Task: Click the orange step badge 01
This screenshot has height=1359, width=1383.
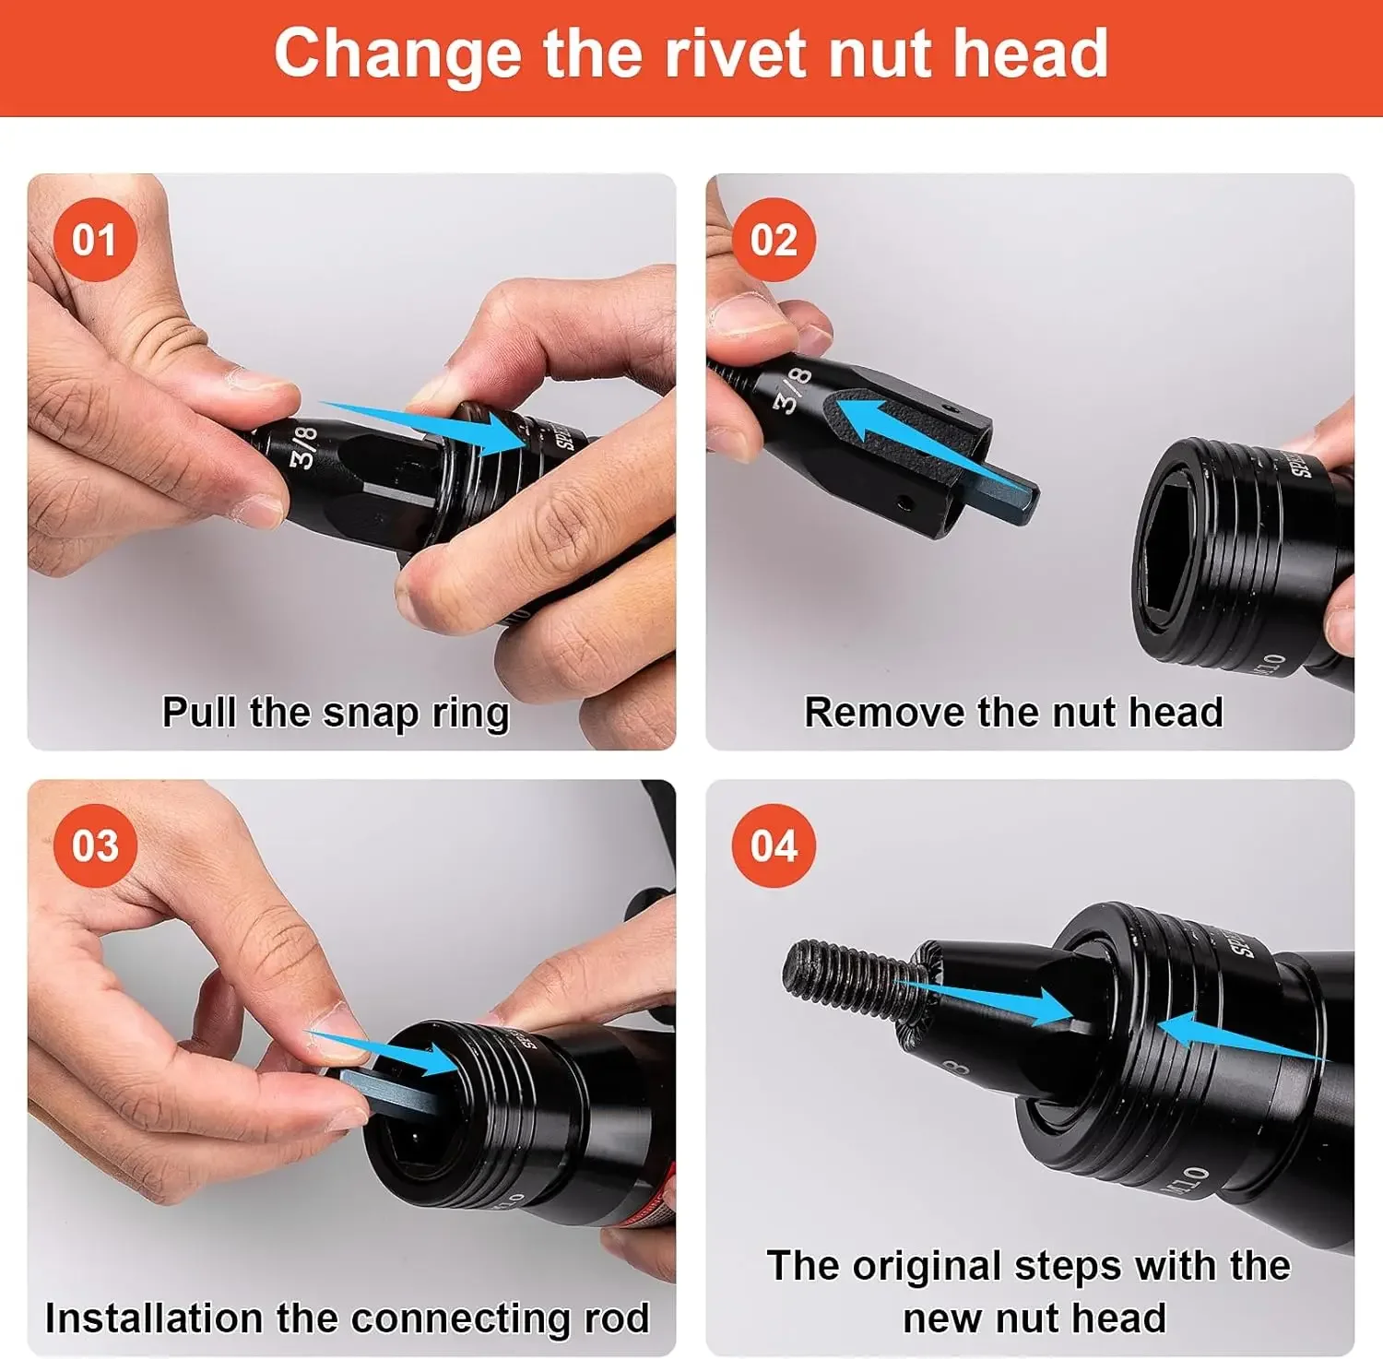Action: pos(95,240)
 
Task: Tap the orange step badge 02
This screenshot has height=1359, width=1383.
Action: pos(774,240)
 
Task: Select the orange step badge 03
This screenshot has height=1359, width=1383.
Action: pos(95,845)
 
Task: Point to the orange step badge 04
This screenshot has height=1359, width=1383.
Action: pos(774,845)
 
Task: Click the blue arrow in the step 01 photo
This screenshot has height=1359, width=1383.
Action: pos(433,427)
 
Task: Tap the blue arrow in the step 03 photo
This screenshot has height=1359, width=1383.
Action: pos(387,1054)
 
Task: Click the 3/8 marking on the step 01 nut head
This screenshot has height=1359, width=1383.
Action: pos(304,445)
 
